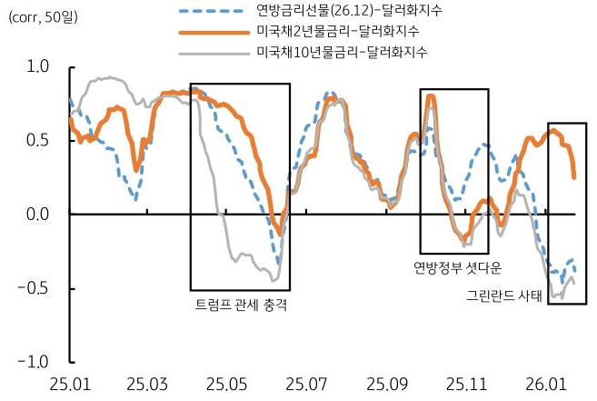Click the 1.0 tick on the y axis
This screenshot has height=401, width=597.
[x=38, y=66]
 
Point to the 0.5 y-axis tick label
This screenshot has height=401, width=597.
[x=38, y=140]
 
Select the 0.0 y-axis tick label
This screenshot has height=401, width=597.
[x=38, y=215]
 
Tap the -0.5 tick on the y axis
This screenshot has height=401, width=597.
[x=35, y=288]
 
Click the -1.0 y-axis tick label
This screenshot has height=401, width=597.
[x=35, y=362]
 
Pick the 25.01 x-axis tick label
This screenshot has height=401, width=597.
[x=70, y=384]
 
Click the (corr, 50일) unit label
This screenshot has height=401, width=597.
[x=43, y=17]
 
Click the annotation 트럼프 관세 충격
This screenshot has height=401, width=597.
[x=242, y=305]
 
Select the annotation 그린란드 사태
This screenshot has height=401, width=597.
[x=503, y=296]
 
